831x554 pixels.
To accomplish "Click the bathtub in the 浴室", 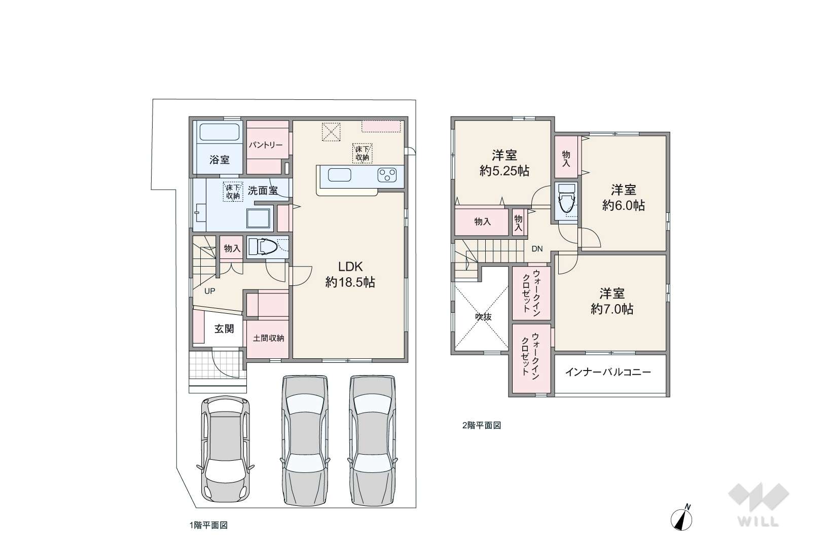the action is (219, 131).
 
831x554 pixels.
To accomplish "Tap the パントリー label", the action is (266, 145).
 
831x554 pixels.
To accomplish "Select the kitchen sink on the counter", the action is (340, 175).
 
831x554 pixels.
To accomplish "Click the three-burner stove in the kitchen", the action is (387, 175).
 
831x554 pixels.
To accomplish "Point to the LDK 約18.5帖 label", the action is (350, 274).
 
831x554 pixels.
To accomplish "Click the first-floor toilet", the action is (263, 247).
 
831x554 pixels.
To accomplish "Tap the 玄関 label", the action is (224, 328).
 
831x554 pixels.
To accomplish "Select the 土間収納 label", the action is (268, 338).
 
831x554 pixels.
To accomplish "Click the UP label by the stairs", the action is (209, 291).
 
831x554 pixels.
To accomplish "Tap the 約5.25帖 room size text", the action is (504, 171).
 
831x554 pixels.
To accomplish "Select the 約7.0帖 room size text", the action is (612, 309).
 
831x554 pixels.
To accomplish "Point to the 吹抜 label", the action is (483, 317).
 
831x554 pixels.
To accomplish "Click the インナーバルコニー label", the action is (608, 372).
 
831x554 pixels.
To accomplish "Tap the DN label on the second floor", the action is (537, 249).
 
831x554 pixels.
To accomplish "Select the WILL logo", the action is (758, 504).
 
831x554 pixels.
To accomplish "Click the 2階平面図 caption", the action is (482, 425).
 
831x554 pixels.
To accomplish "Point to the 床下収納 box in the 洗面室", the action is (233, 192).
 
